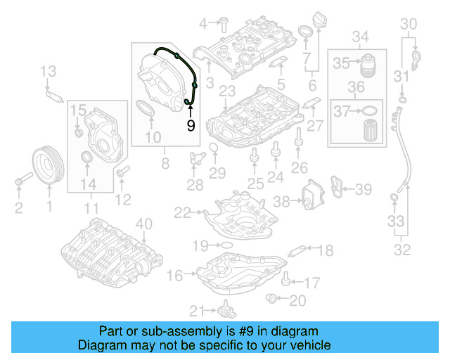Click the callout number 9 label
[190, 125]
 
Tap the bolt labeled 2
[20, 184]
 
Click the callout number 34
[360, 37]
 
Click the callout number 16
[174, 274]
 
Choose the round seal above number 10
[145, 109]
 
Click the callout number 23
[226, 91]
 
